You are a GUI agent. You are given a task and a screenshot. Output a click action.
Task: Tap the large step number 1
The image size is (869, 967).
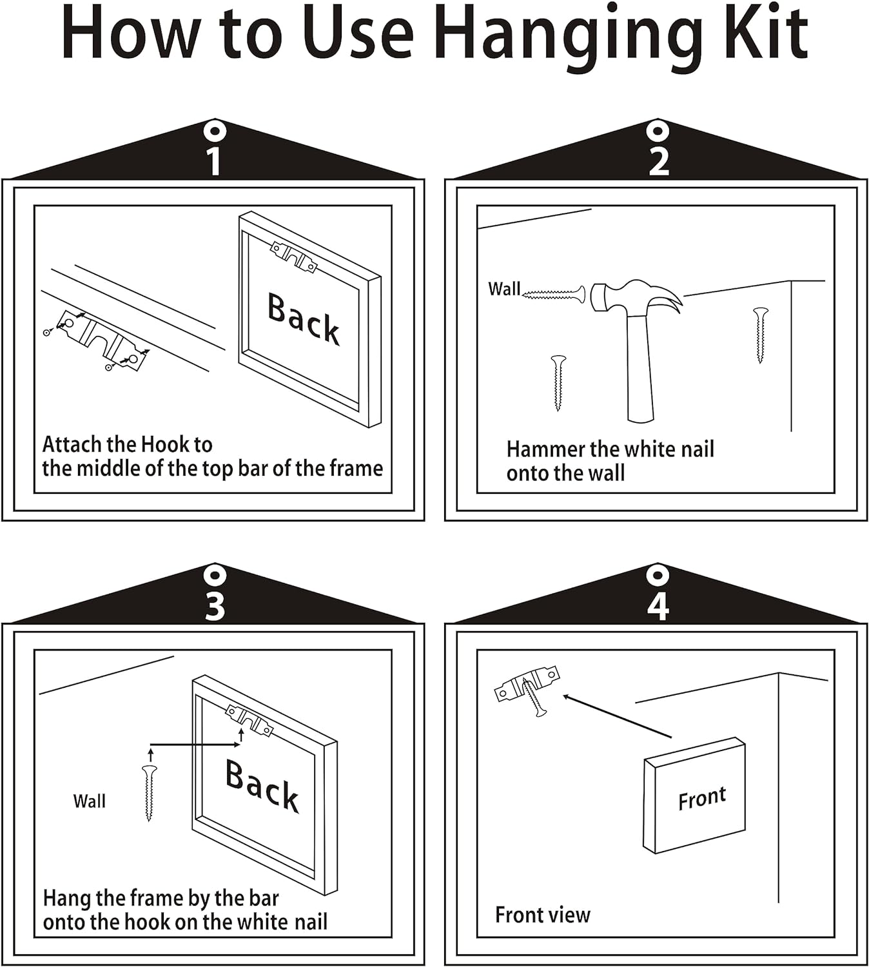click(x=215, y=161)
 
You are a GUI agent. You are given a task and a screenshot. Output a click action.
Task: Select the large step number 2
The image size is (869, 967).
click(x=659, y=161)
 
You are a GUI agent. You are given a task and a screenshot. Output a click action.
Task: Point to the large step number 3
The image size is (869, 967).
click(x=215, y=606)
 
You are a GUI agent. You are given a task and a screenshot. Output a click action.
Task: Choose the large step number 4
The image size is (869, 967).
click(x=658, y=606)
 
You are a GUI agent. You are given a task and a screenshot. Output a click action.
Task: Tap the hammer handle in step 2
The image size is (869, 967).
click(x=641, y=367)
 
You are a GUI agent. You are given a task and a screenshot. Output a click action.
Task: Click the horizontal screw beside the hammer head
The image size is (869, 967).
click(x=554, y=293)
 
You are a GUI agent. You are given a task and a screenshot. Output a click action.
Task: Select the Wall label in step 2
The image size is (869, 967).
click(x=504, y=289)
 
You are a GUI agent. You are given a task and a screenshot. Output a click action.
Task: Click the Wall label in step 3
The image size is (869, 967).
click(x=89, y=801)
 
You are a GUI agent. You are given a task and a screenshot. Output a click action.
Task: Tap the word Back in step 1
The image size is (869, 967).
click(x=304, y=318)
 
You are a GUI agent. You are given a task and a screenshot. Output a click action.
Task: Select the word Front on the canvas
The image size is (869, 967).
click(x=702, y=798)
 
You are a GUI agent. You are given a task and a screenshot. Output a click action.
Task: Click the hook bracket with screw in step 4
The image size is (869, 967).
click(x=527, y=688)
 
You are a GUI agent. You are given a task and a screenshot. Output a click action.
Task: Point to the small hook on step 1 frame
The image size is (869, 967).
click(x=294, y=257)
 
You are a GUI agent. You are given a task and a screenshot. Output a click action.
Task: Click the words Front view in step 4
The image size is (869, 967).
click(x=543, y=914)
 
